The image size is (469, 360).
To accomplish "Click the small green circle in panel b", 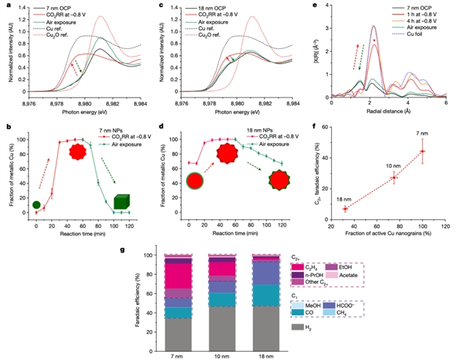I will [x=36, y=204].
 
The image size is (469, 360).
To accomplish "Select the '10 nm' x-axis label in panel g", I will [x=221, y=355].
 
